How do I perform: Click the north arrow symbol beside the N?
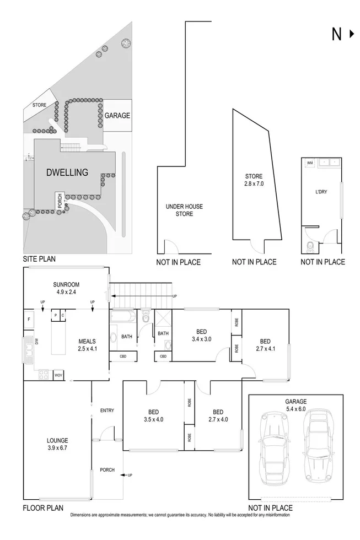tap(352, 34)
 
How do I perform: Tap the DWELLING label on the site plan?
tap(67, 172)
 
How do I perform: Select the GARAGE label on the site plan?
tap(117, 116)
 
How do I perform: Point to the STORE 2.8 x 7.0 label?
tap(254, 180)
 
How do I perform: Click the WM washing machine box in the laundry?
tap(309, 163)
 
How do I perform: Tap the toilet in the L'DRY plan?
tap(310, 246)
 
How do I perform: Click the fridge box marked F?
tap(29, 320)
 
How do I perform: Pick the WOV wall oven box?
tap(58, 376)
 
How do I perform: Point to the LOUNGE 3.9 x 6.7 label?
tap(57, 444)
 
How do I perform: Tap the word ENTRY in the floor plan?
tap(107, 411)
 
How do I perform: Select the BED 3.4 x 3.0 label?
tap(201, 335)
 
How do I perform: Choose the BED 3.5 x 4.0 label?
tap(153, 415)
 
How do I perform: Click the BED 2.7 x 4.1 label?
tap(265, 344)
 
